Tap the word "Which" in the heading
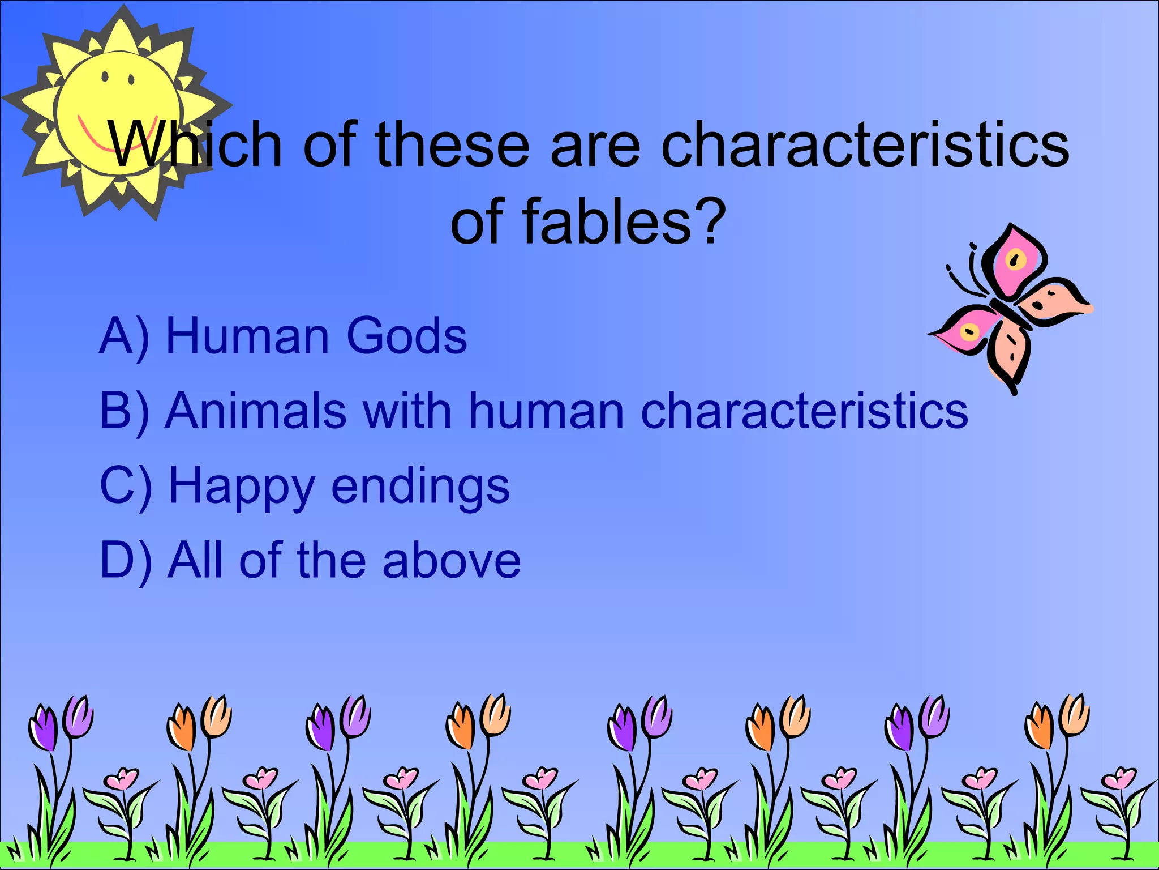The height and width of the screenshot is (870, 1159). (195, 145)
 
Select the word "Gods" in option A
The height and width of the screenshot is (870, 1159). (406, 336)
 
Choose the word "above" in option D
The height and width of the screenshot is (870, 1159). (451, 561)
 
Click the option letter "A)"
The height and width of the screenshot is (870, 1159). (125, 338)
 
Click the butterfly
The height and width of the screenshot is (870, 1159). (1010, 309)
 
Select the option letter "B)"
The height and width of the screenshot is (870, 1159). (125, 412)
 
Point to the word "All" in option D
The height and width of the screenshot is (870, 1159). (195, 561)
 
